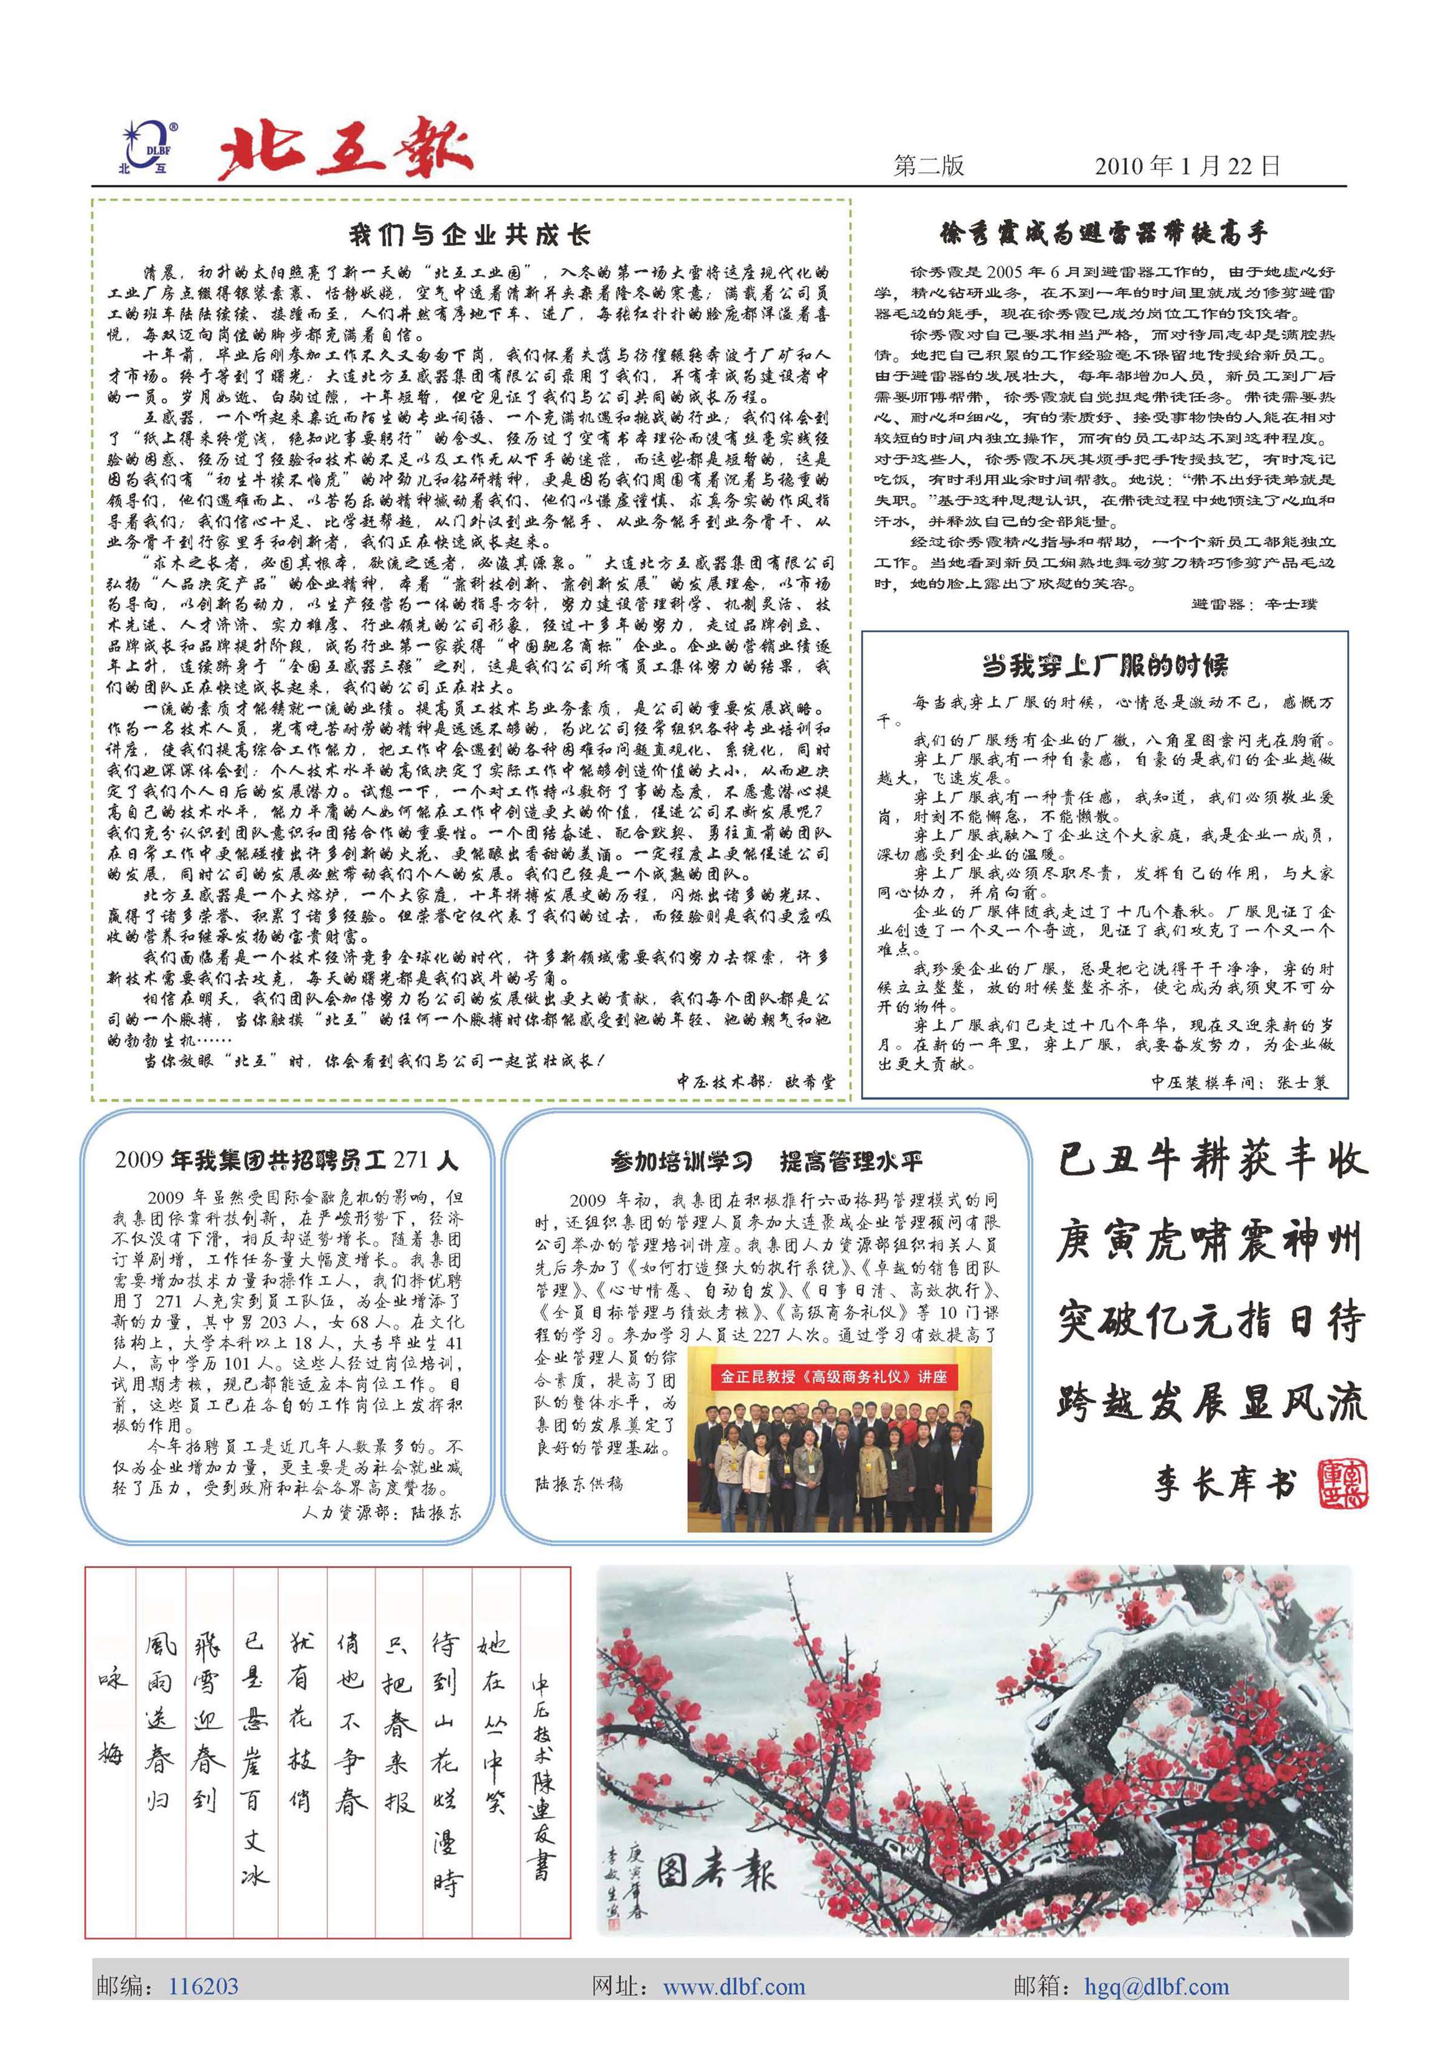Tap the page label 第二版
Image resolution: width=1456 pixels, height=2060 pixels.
point(929,166)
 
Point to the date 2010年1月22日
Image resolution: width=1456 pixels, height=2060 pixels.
point(1187,166)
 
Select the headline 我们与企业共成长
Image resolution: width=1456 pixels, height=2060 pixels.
point(469,235)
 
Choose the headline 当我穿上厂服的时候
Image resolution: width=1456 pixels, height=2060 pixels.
point(1104,666)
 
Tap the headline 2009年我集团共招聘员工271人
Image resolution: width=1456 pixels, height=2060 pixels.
point(286,1160)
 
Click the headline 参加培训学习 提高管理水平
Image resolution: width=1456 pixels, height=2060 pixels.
point(766,1162)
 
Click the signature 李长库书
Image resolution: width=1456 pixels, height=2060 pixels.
point(1224,1485)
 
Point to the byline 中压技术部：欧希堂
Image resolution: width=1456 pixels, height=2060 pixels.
point(754,1082)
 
